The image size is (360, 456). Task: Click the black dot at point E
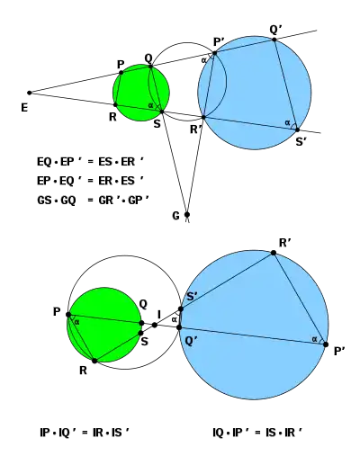tap(30, 93)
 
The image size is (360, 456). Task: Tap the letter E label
tap(24, 108)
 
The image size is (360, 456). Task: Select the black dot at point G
tap(187, 214)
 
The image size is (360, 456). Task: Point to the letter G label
tap(175, 216)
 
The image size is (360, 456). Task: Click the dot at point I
tap(155, 325)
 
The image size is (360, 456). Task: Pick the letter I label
tap(159, 315)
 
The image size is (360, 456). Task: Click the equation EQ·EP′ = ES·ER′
tap(90, 162)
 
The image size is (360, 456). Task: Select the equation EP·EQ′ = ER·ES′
tap(90, 181)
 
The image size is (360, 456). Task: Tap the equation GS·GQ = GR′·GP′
tap(93, 200)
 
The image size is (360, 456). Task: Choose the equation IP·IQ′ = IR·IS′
tap(85, 433)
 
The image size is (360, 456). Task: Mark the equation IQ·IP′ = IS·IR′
tap(257, 433)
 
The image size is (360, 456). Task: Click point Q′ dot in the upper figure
tap(274, 40)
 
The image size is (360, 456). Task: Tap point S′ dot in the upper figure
tap(297, 130)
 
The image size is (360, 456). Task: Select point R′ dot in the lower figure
tap(274, 253)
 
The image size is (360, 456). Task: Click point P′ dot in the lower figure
tap(326, 344)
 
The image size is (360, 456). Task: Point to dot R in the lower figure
tap(94, 361)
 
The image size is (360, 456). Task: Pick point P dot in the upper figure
tap(121, 73)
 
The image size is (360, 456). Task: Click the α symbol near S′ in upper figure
tap(287, 122)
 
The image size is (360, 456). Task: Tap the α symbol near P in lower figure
tap(77, 323)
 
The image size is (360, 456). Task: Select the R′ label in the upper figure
tap(196, 130)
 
